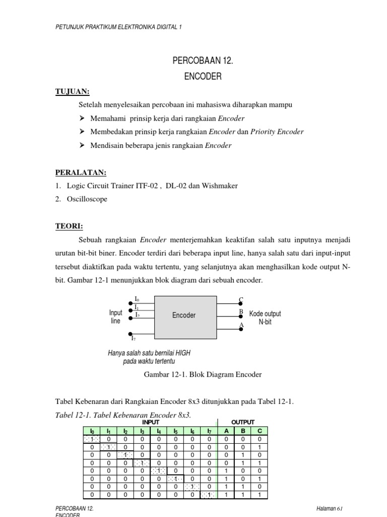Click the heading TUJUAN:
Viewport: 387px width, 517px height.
click(72, 91)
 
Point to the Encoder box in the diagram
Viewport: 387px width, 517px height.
click(184, 315)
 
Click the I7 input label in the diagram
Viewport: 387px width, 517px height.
click(134, 339)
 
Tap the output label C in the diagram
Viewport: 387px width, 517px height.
click(241, 300)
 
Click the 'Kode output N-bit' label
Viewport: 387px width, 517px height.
click(265, 318)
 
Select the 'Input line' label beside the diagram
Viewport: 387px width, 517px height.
click(115, 317)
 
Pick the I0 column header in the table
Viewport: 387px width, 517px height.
click(92, 431)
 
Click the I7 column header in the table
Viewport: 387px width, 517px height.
click(209, 431)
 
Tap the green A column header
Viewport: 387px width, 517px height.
click(226, 431)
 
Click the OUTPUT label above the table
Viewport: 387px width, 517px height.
click(243, 422)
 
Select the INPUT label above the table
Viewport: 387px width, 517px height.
click(151, 422)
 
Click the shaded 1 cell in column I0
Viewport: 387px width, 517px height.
click(92, 439)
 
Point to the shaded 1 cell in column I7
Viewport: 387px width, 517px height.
click(209, 495)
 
